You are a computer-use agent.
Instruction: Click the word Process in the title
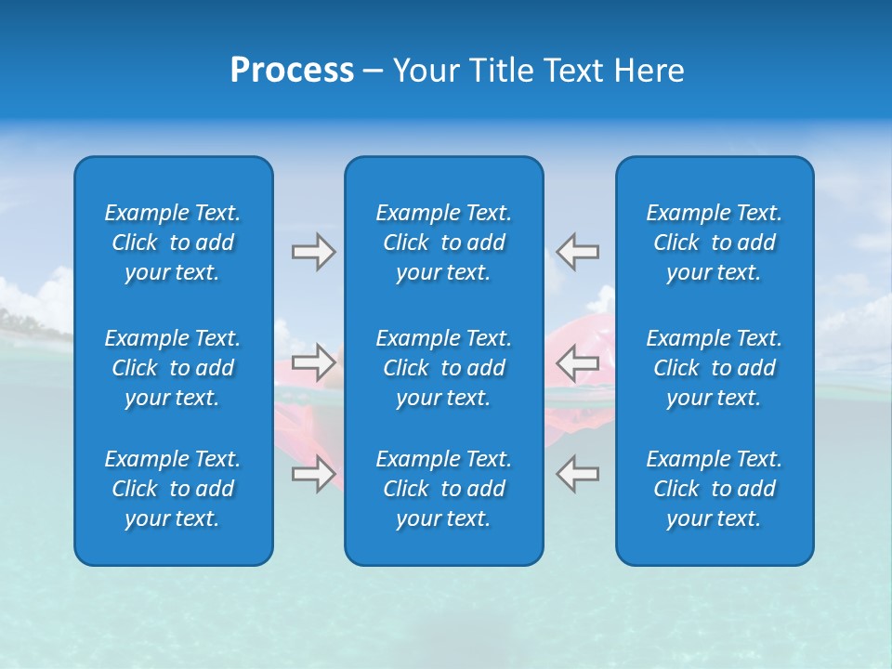(292, 71)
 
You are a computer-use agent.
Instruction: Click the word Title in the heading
(504, 71)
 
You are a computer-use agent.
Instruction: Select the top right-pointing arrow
(313, 252)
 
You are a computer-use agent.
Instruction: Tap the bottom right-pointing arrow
(313, 474)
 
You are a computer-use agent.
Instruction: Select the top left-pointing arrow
(577, 252)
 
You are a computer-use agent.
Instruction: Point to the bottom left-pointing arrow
(577, 474)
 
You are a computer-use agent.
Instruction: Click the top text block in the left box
(173, 243)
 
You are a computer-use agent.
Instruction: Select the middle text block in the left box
(173, 368)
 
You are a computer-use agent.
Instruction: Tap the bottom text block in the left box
(173, 489)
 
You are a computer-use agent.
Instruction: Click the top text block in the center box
(443, 243)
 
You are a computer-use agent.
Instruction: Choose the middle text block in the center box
(443, 368)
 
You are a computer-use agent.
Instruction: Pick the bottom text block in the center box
(443, 489)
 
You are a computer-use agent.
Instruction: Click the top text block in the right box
(714, 243)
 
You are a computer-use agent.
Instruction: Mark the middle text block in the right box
(714, 368)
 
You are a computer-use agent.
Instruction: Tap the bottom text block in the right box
(714, 489)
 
